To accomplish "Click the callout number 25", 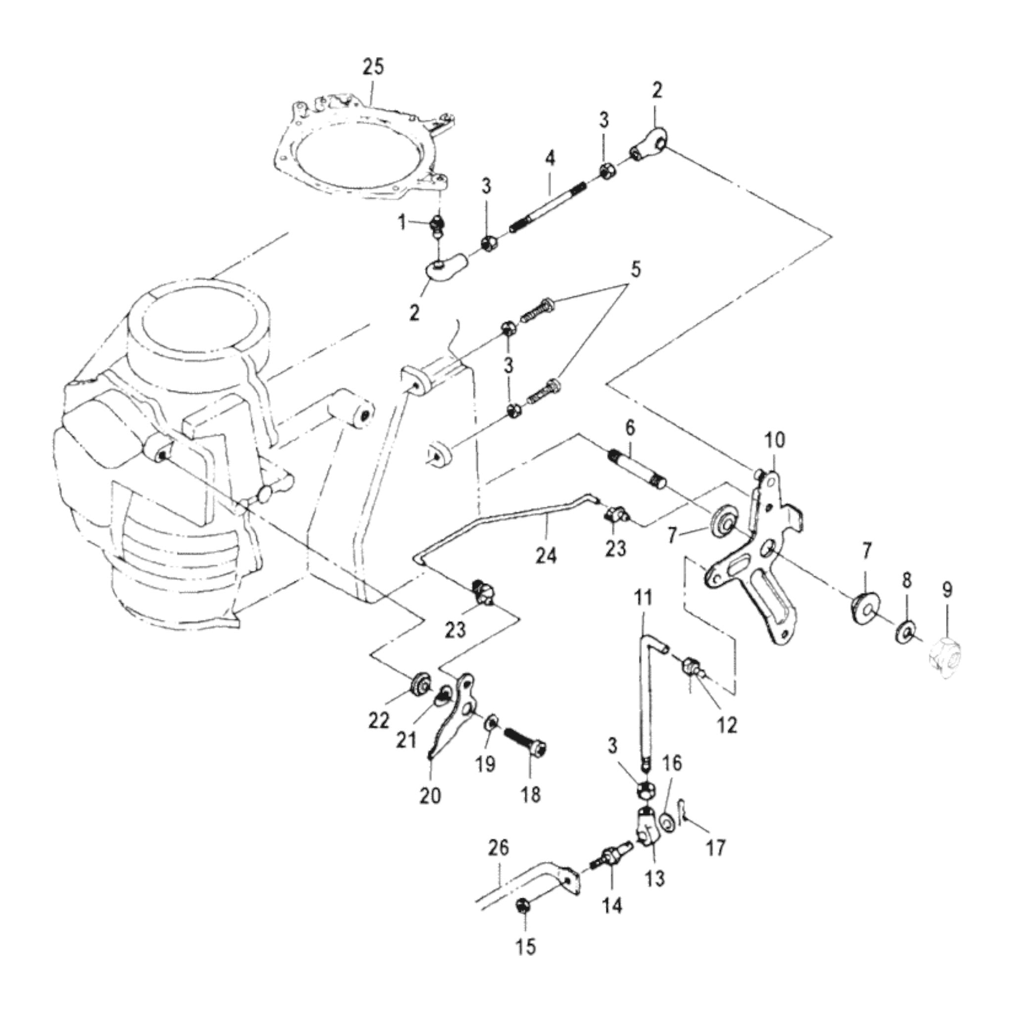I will click(x=373, y=67).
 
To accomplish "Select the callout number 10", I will click(x=775, y=440).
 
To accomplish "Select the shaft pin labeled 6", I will click(x=638, y=466).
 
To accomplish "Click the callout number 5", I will click(x=635, y=270).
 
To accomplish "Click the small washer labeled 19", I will click(x=492, y=723).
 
